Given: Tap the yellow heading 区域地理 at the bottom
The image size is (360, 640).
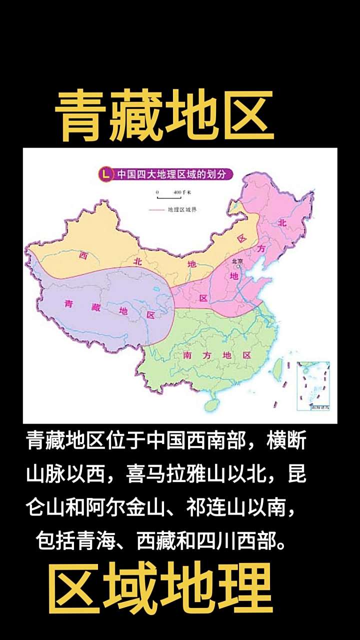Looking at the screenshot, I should (160, 587).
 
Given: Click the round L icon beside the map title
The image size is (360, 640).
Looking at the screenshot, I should (105, 174).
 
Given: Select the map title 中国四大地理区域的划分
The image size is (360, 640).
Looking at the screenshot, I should (168, 174).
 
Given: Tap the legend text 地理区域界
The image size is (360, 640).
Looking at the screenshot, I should (182, 209).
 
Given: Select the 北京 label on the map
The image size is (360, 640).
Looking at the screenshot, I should (237, 261).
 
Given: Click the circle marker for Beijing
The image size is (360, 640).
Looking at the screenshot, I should (239, 267).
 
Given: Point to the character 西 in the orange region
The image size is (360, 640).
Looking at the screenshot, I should (83, 255).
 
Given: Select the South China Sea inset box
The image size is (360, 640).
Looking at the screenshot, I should (313, 386).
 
